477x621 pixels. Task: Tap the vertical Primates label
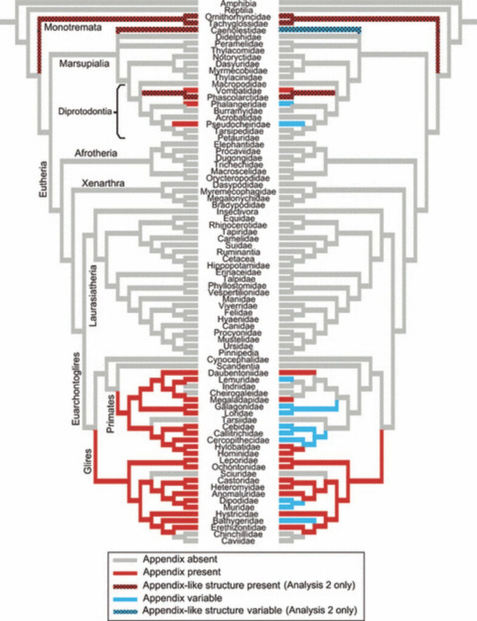[x=111, y=412]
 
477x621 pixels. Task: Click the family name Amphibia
[x=238, y=4]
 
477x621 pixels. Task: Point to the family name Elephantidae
[x=238, y=144]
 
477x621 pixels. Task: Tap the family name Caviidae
[x=238, y=542]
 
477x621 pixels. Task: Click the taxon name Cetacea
[x=238, y=258]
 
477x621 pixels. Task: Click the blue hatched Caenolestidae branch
[x=320, y=29]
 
